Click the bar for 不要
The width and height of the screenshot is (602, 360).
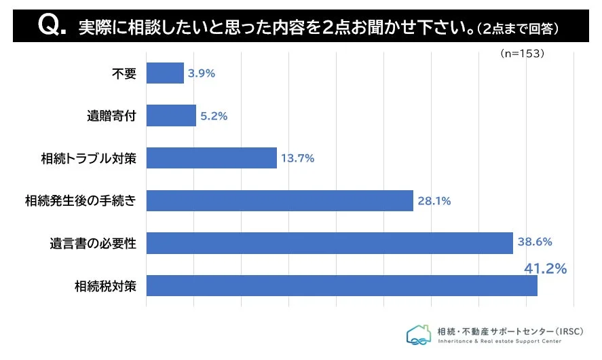(x=165, y=73)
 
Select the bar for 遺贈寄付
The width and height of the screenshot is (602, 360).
(x=171, y=115)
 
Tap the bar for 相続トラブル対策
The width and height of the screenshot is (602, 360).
(x=211, y=158)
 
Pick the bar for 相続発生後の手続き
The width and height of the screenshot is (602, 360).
(x=280, y=200)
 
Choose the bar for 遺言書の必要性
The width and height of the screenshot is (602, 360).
(x=329, y=242)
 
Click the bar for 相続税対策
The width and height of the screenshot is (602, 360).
(x=341, y=285)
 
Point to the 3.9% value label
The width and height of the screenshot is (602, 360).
(x=202, y=73)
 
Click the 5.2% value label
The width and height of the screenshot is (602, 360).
(x=214, y=116)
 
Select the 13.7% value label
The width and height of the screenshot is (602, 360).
(x=298, y=158)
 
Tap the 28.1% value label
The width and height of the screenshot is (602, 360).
(x=434, y=201)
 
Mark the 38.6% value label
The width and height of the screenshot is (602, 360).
(x=535, y=242)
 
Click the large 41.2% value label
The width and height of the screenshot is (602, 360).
(x=545, y=269)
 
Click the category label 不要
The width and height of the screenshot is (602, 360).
(x=124, y=73)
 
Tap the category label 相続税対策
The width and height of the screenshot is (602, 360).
(x=106, y=286)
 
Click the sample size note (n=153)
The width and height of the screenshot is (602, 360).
(x=522, y=53)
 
